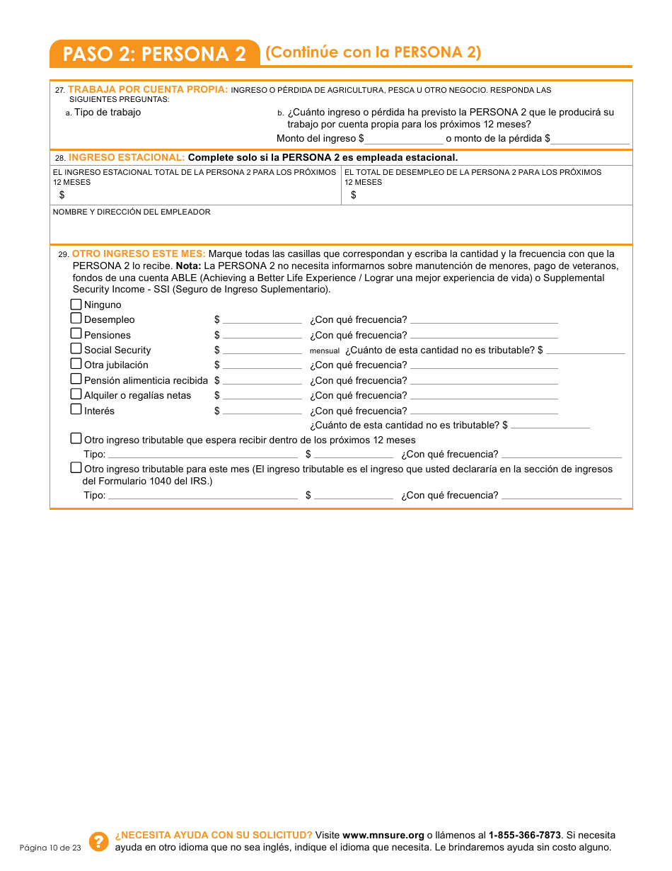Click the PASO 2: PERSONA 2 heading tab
click(154, 54)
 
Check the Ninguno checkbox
click(76, 304)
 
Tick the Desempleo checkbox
click(76, 319)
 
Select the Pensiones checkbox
click(76, 334)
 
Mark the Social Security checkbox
click(76, 348)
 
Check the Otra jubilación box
click(76, 364)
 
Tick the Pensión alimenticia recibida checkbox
click(76, 379)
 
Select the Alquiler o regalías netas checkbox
click(76, 394)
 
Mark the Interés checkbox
click(76, 409)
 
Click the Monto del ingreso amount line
click(404, 140)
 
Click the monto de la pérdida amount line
click(590, 140)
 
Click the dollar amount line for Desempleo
click(262, 321)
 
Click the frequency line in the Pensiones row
click(484, 336)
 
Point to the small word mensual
click(325, 351)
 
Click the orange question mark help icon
click(100, 841)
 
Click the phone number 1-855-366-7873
click(525, 835)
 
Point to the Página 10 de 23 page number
click(51, 848)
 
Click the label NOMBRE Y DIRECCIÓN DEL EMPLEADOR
click(132, 212)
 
